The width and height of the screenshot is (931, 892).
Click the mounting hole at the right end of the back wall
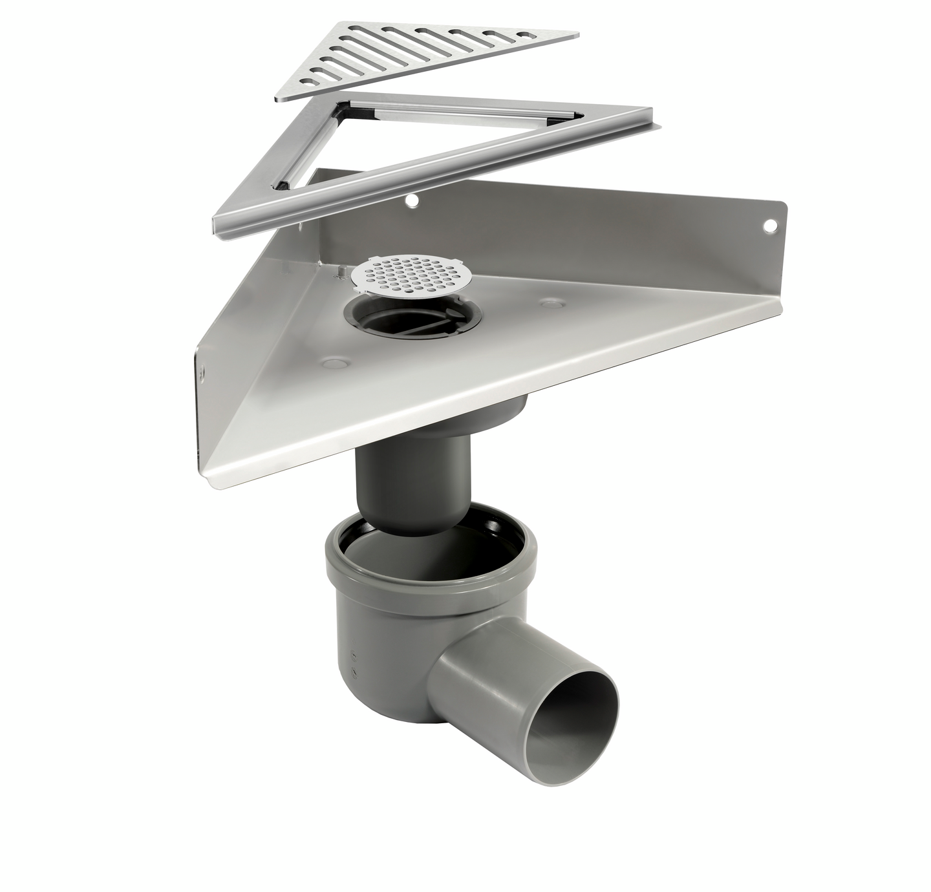pyautogui.click(x=769, y=226)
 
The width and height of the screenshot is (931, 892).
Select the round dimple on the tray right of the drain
pyautogui.click(x=551, y=303)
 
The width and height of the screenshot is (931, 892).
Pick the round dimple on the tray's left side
pyautogui.click(x=334, y=363)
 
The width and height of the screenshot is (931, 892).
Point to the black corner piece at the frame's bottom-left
pyautogui.click(x=283, y=186)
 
